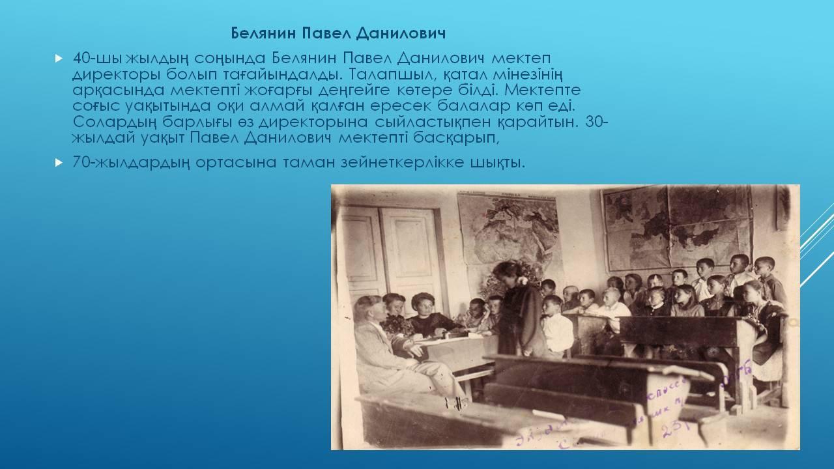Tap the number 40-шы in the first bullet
coord(96,59)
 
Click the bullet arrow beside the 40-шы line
coord(59,58)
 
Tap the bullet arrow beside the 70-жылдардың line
coord(59,162)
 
